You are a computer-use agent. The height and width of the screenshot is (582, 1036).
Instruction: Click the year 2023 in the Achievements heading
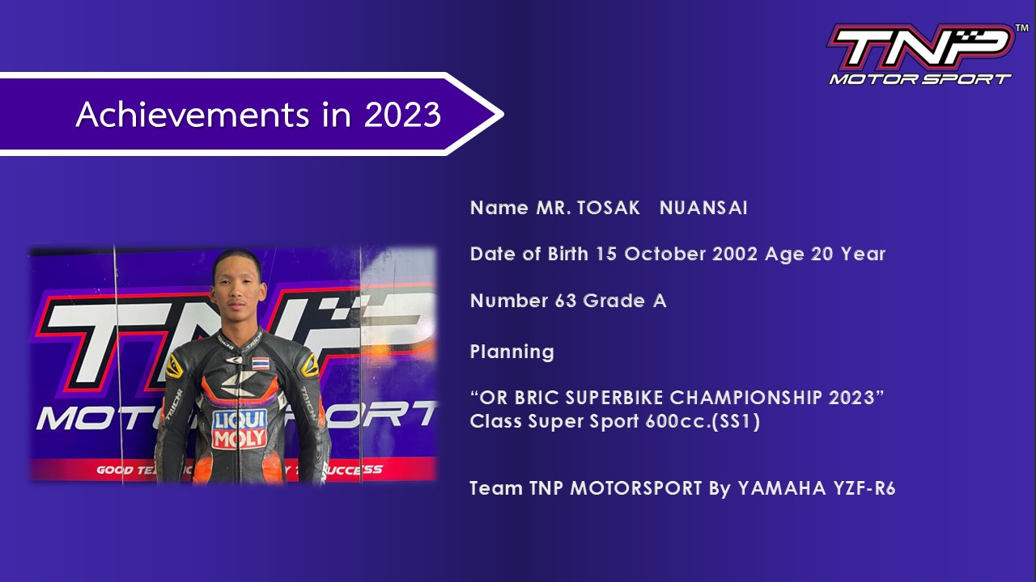click(402, 115)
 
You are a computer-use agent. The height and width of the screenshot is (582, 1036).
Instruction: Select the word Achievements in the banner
click(192, 115)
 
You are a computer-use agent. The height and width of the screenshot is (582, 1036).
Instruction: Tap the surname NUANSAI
click(703, 209)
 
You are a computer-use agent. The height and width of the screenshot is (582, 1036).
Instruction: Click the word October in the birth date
click(665, 255)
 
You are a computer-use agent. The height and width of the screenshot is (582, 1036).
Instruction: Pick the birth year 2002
click(735, 255)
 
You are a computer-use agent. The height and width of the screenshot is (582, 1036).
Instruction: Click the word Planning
click(512, 352)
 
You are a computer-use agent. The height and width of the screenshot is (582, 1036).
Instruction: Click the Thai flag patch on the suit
click(261, 364)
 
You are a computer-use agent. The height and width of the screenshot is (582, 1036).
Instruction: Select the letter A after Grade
click(660, 302)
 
